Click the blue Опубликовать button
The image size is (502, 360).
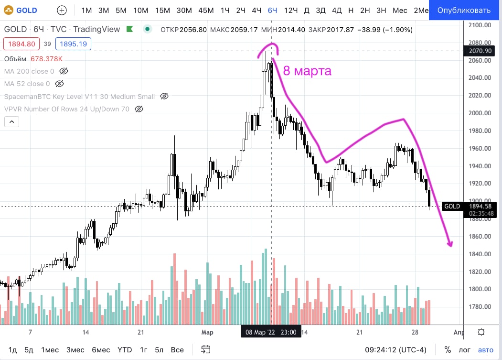pos(465,10)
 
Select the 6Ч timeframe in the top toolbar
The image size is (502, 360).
pos(273,10)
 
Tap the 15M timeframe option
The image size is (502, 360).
pos(162,10)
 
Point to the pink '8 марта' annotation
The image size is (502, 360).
pos(307,71)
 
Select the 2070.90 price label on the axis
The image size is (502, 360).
pos(481,51)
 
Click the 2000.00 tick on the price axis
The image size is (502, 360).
pos(480,113)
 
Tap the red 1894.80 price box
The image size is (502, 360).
pos(20,44)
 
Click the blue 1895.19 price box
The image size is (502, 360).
pos(74,44)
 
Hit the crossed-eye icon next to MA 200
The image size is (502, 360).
pos(64,71)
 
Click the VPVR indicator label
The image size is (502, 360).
pos(67,109)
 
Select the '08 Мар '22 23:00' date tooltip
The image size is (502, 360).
pos(271,332)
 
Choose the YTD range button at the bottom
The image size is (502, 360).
pos(125,349)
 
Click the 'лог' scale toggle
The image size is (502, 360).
pos(465,349)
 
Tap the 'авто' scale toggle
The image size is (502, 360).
pos(486,349)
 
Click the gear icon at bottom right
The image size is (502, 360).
pos(481,332)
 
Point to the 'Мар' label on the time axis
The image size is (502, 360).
pos(207,332)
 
